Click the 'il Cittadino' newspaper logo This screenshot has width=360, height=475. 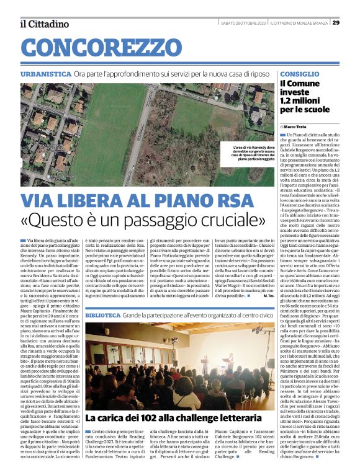(44, 24)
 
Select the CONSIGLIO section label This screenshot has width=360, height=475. (300, 74)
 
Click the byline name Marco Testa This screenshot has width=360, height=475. (297, 127)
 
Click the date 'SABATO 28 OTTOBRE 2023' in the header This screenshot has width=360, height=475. (244, 23)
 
